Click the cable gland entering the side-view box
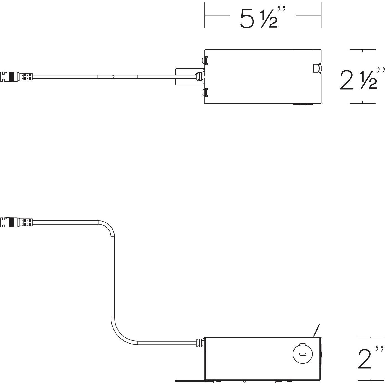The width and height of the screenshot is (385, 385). coord(199,343)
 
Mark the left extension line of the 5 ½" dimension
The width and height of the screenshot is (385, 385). coord(205,15)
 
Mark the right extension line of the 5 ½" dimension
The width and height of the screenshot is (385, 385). coord(321,15)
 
